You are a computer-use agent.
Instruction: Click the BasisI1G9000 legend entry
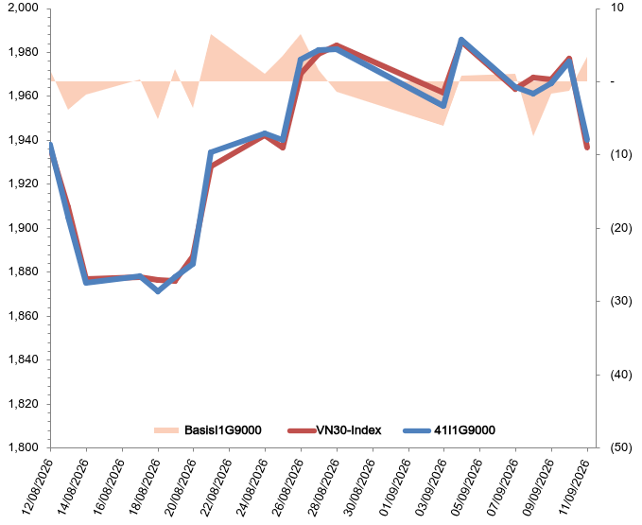pos(208,430)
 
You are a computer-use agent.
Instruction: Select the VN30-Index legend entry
pos(335,430)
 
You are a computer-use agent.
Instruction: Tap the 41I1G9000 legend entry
pos(449,430)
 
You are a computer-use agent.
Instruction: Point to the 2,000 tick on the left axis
pos(24,8)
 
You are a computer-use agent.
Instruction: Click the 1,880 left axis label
pos(24,271)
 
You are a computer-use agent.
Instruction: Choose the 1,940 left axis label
pos(24,140)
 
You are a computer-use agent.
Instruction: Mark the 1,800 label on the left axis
pos(24,447)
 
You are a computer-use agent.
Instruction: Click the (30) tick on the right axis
pos(620,301)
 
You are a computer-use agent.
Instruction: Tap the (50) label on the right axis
pos(620,447)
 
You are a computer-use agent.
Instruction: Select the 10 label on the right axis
pos(616,8)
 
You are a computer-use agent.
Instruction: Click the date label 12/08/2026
pos(38,487)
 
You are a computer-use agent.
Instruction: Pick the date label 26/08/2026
pos(288,487)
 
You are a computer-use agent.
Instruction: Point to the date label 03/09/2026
pos(431,487)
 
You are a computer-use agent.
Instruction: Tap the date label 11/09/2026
pos(575,487)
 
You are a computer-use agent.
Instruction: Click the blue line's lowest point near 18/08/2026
pos(158,291)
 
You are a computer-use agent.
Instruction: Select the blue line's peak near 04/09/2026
pos(461,40)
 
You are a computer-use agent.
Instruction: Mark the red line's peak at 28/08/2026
pos(337,45)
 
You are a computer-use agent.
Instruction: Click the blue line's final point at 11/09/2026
pos(587,140)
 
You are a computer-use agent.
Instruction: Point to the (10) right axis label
pos(620,154)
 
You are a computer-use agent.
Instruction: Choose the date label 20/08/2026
pos(181,487)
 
